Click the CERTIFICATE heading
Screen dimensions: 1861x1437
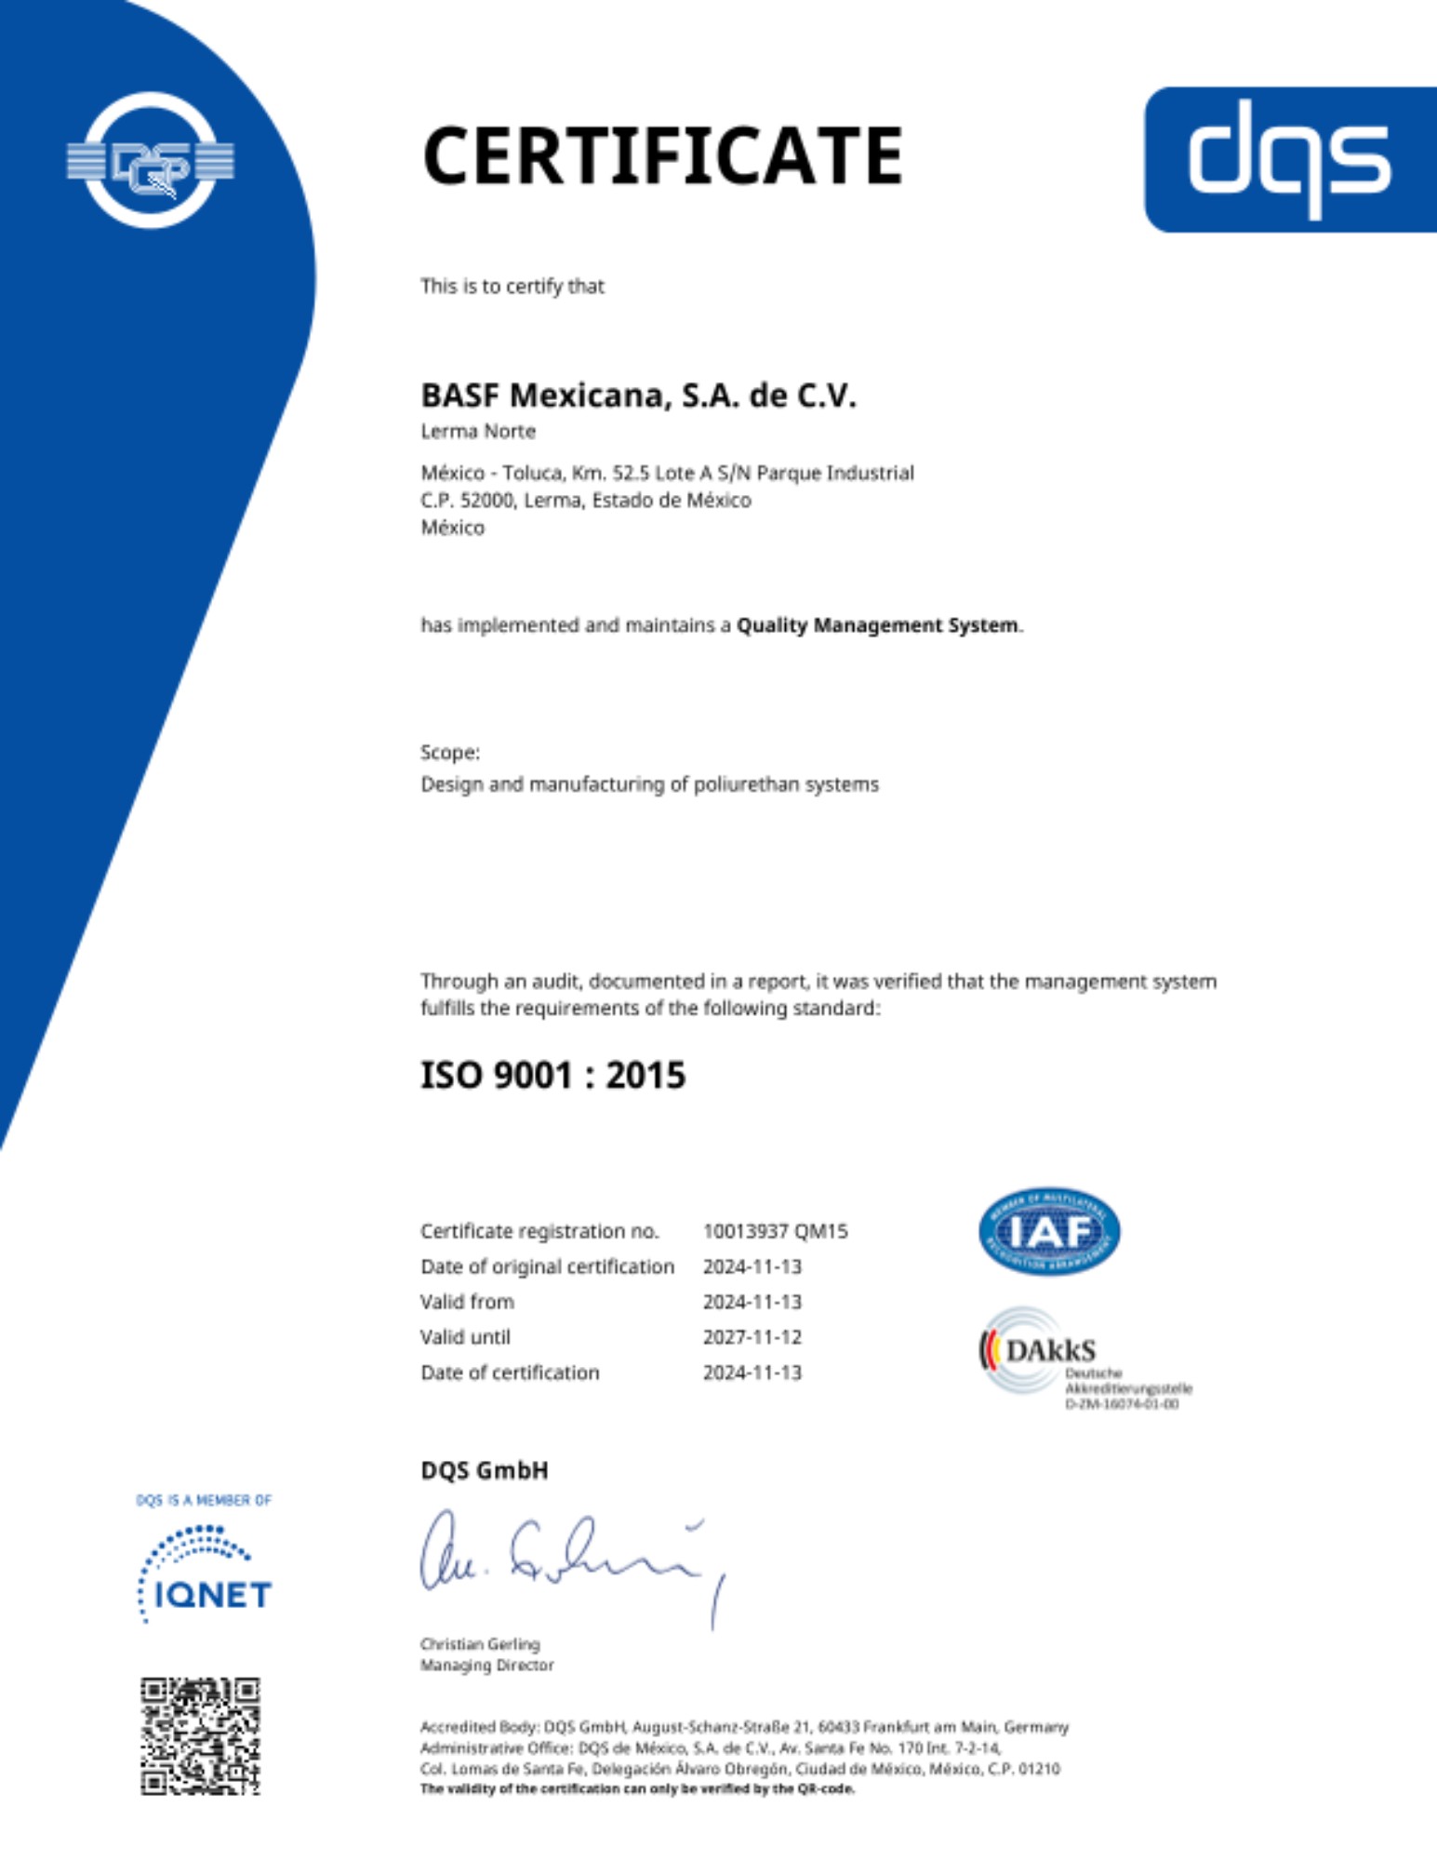[x=662, y=155]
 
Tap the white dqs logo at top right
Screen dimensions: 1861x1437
[x=1289, y=158]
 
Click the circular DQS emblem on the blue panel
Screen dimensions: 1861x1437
[x=151, y=160]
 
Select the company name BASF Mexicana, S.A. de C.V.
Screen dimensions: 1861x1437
[x=638, y=395]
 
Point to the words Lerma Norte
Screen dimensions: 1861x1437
[x=478, y=431]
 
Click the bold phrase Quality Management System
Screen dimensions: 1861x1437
[x=877, y=625]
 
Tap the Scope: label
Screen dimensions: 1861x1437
[x=450, y=752]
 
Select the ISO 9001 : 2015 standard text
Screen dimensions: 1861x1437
[x=552, y=1076]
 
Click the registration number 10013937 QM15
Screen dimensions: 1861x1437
[x=775, y=1231]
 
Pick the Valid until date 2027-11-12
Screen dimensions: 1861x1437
[x=752, y=1337]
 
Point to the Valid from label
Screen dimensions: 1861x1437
[x=467, y=1302]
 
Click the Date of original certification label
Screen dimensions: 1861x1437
[x=547, y=1266]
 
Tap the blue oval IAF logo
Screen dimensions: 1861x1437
[x=1049, y=1231]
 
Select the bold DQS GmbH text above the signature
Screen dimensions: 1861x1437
[x=485, y=1470]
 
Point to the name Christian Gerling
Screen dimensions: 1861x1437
[x=480, y=1644]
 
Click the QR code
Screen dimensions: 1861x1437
[x=200, y=1736]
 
